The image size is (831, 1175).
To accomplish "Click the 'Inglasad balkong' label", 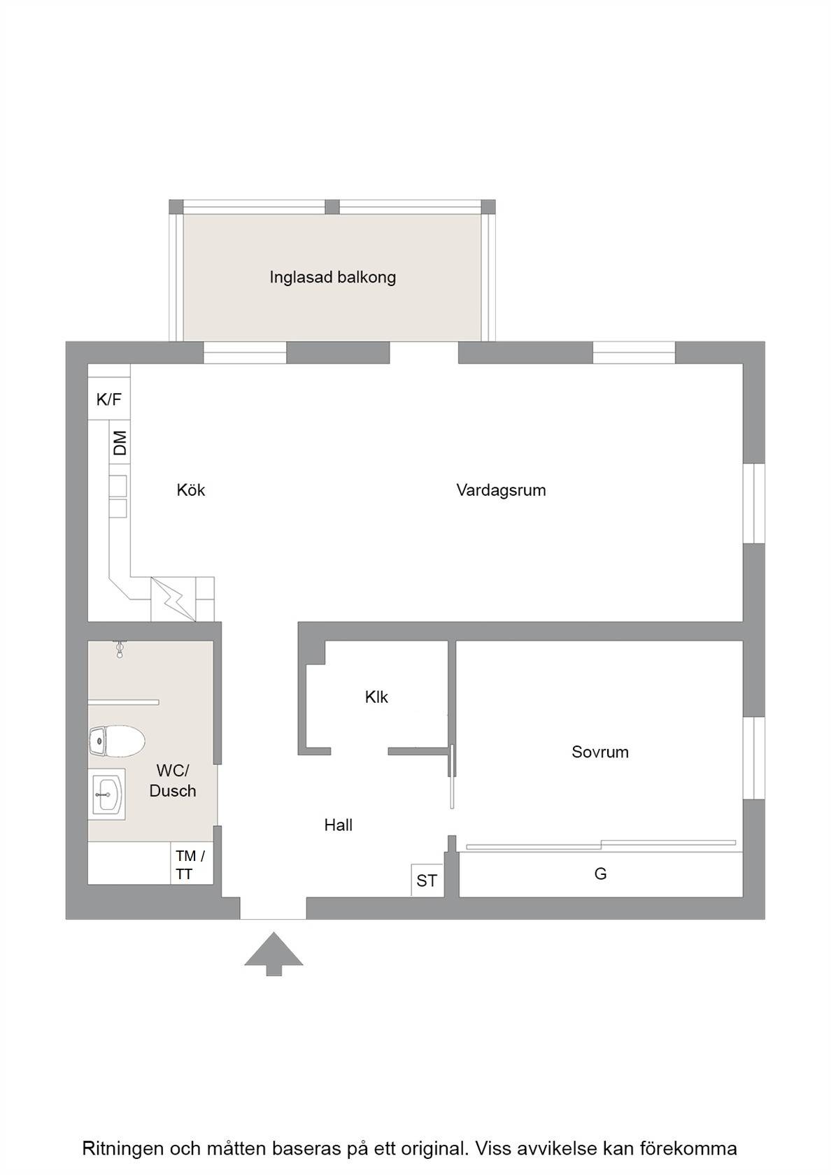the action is point(333,277).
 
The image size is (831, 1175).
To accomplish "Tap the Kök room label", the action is point(190,490).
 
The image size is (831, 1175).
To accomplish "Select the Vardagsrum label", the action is point(501,490).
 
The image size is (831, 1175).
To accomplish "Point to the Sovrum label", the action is point(600,752).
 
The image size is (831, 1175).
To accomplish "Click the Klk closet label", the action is point(376,697).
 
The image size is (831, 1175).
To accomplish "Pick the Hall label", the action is point(338,825).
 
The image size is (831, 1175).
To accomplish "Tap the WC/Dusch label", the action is point(173,781).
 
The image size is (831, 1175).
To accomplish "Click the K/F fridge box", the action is point(109,399).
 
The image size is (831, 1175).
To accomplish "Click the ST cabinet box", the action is point(427,880).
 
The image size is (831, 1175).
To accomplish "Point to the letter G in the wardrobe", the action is point(601,874).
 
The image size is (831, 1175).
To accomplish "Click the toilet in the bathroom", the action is point(116,741).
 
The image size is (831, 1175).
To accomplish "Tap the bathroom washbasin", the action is point(106,795).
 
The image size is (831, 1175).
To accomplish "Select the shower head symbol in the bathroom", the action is point(120,649).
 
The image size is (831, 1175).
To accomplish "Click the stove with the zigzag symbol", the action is point(173,599).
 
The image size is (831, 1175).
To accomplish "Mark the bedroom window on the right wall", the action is point(754,758).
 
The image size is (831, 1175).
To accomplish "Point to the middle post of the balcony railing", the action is point(332,207).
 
